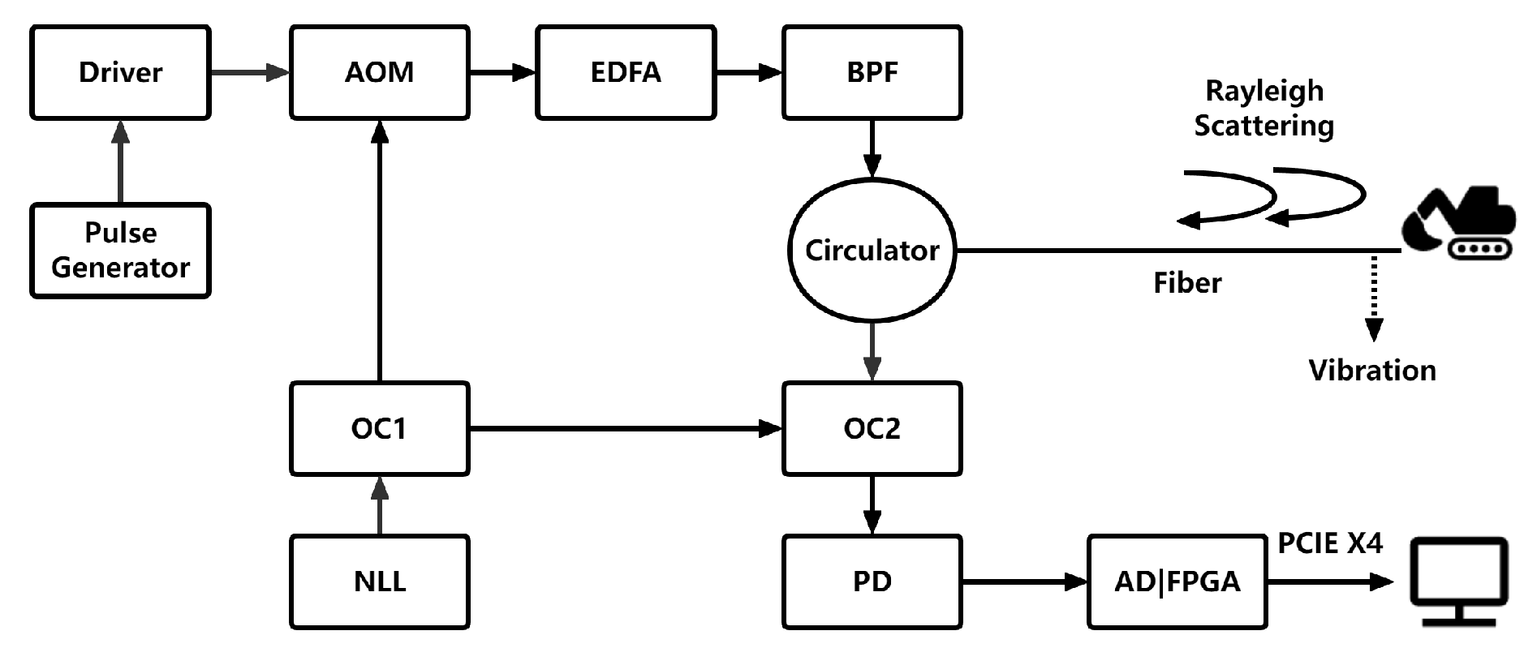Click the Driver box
tap(120, 73)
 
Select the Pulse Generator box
tap(120, 251)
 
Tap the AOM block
tap(379, 73)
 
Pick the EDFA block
tap(625, 73)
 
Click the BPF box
tap(872, 73)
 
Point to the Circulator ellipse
tap(872, 251)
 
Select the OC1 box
tap(379, 428)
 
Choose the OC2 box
tap(872, 428)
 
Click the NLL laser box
tap(379, 581)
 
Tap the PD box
tap(872, 581)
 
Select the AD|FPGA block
tap(1177, 581)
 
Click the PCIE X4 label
tap(1329, 543)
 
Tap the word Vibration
tap(1372, 371)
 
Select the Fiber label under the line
tap(1187, 283)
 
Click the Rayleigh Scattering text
tap(1264, 108)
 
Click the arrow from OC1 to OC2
tap(625, 428)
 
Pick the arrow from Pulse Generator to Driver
tap(120, 161)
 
